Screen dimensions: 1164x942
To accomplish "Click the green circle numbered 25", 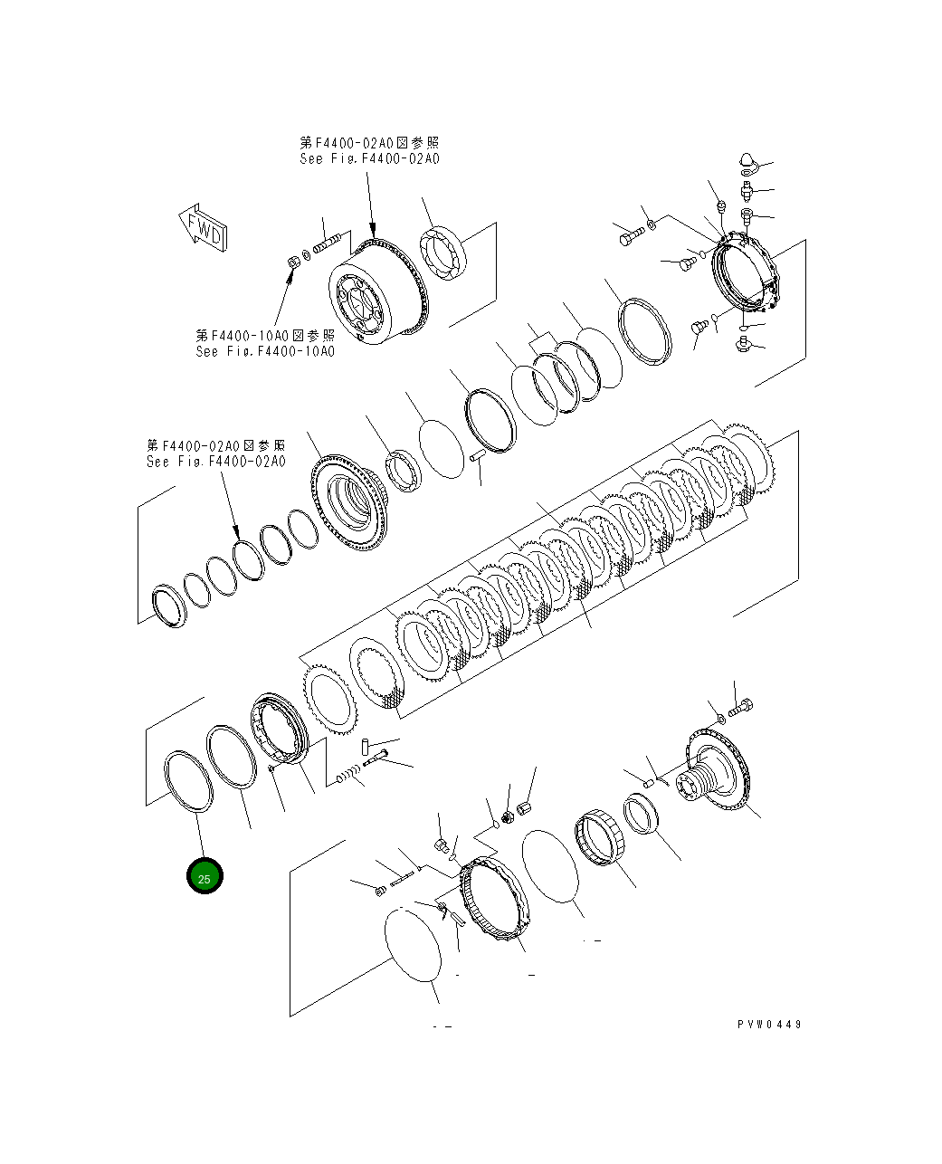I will click(x=205, y=877).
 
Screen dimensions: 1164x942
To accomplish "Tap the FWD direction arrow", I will click(x=204, y=228).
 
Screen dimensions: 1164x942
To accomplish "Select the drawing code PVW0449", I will click(x=768, y=1025).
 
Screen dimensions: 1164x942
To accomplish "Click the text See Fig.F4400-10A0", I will click(x=264, y=351).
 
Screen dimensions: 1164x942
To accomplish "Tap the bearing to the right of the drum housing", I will click(x=442, y=253).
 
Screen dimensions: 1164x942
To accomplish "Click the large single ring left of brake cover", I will click(x=645, y=330).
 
